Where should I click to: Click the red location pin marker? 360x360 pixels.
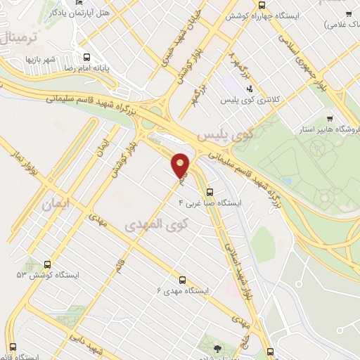(x=181, y=165)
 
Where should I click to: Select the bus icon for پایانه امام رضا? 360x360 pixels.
(x=86, y=58)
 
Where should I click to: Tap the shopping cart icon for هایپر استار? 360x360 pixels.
(x=330, y=120)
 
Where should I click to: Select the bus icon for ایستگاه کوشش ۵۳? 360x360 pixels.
(x=47, y=264)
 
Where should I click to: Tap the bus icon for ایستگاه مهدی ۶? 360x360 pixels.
(x=183, y=278)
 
